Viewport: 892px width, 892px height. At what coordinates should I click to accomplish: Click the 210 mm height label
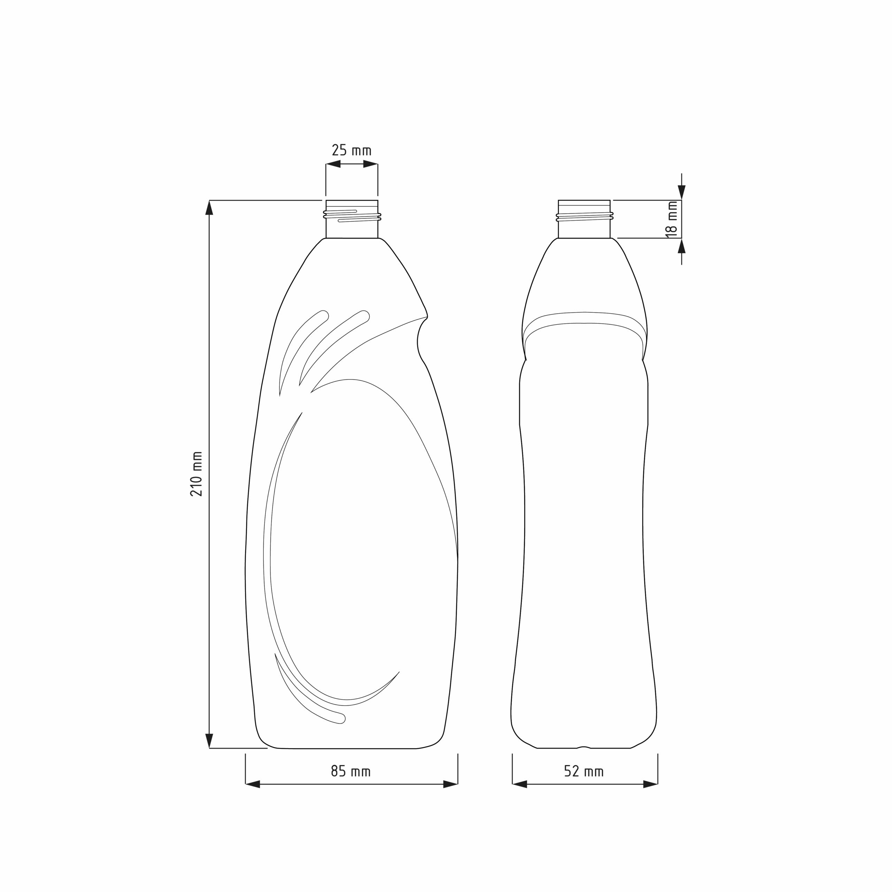coord(197,474)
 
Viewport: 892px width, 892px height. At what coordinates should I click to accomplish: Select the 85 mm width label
coord(351,771)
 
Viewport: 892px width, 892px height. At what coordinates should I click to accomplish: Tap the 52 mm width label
coord(584,771)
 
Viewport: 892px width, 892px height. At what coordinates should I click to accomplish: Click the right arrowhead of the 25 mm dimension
coord(371,164)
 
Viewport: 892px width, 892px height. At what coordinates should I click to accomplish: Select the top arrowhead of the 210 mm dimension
coord(209,208)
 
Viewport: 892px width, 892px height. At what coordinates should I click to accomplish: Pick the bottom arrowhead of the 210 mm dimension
coord(209,740)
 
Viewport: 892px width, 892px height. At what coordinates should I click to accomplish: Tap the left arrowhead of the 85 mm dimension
coord(253,784)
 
